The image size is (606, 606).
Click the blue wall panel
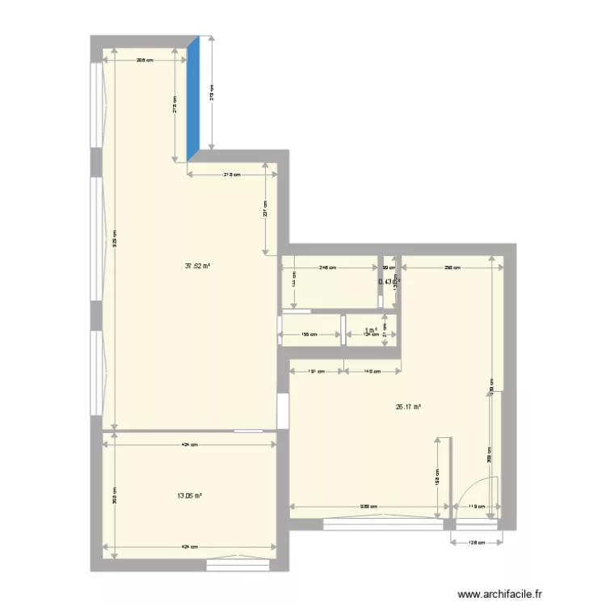pyautogui.click(x=193, y=99)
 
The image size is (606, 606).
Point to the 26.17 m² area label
pyautogui.click(x=408, y=407)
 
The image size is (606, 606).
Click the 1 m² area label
pyautogui.click(x=371, y=330)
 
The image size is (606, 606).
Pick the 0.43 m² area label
pyautogui.click(x=387, y=281)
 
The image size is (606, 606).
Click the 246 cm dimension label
pyautogui.click(x=327, y=267)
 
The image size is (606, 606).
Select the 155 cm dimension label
pyautogui.click(x=309, y=334)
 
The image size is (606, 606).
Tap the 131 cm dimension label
pyautogui.click(x=316, y=372)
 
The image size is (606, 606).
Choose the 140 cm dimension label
pyautogui.click(x=372, y=372)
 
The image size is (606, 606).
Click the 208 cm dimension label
pyautogui.click(x=145, y=59)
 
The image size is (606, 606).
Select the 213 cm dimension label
pyautogui.click(x=233, y=175)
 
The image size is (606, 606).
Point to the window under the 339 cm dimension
pyautogui.click(x=383, y=524)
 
